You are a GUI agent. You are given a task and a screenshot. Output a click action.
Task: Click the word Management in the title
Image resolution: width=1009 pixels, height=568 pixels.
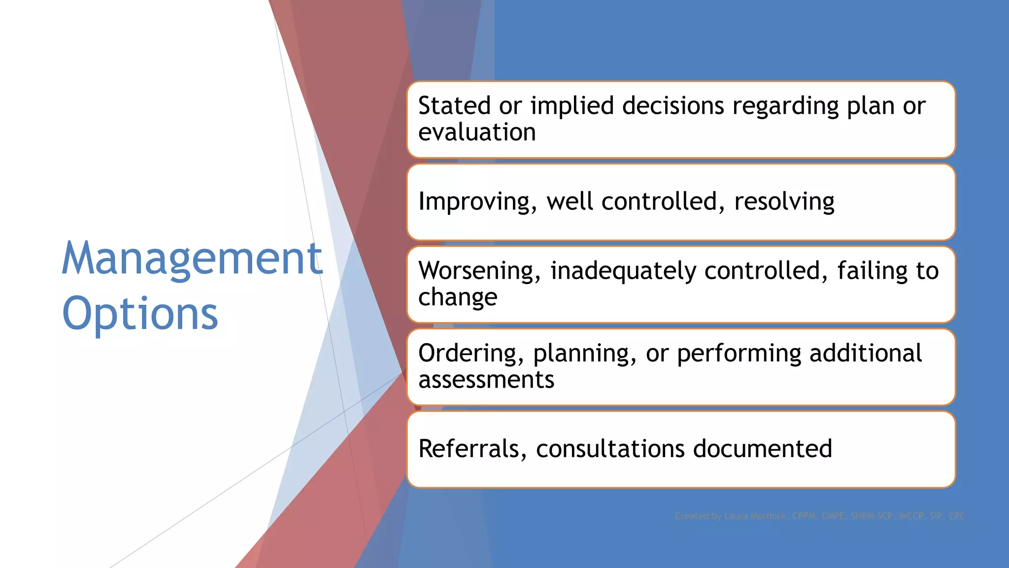coord(192,259)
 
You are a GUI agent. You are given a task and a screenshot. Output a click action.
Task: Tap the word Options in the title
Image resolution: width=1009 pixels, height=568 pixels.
coord(140,314)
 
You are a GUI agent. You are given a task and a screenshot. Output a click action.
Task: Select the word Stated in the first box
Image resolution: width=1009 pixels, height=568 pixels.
coord(454,106)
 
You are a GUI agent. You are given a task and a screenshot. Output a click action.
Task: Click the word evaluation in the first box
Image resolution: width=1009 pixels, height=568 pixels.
coord(476,133)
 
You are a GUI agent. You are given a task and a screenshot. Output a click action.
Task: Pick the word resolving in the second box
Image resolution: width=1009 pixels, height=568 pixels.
coord(784,202)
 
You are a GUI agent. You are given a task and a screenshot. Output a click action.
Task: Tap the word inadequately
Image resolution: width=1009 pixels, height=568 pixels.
coord(623,271)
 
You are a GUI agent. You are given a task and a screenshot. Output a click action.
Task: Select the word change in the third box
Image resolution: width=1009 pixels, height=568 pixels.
coord(458,297)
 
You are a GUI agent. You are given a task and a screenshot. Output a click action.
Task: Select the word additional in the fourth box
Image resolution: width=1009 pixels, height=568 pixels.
coord(866,354)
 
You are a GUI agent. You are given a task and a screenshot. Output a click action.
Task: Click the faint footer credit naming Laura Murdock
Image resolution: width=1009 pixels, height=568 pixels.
coord(819,516)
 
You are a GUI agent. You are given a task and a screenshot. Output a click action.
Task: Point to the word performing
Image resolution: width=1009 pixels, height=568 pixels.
coord(739,354)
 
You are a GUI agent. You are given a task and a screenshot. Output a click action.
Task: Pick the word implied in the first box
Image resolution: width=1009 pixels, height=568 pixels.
coord(572,106)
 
